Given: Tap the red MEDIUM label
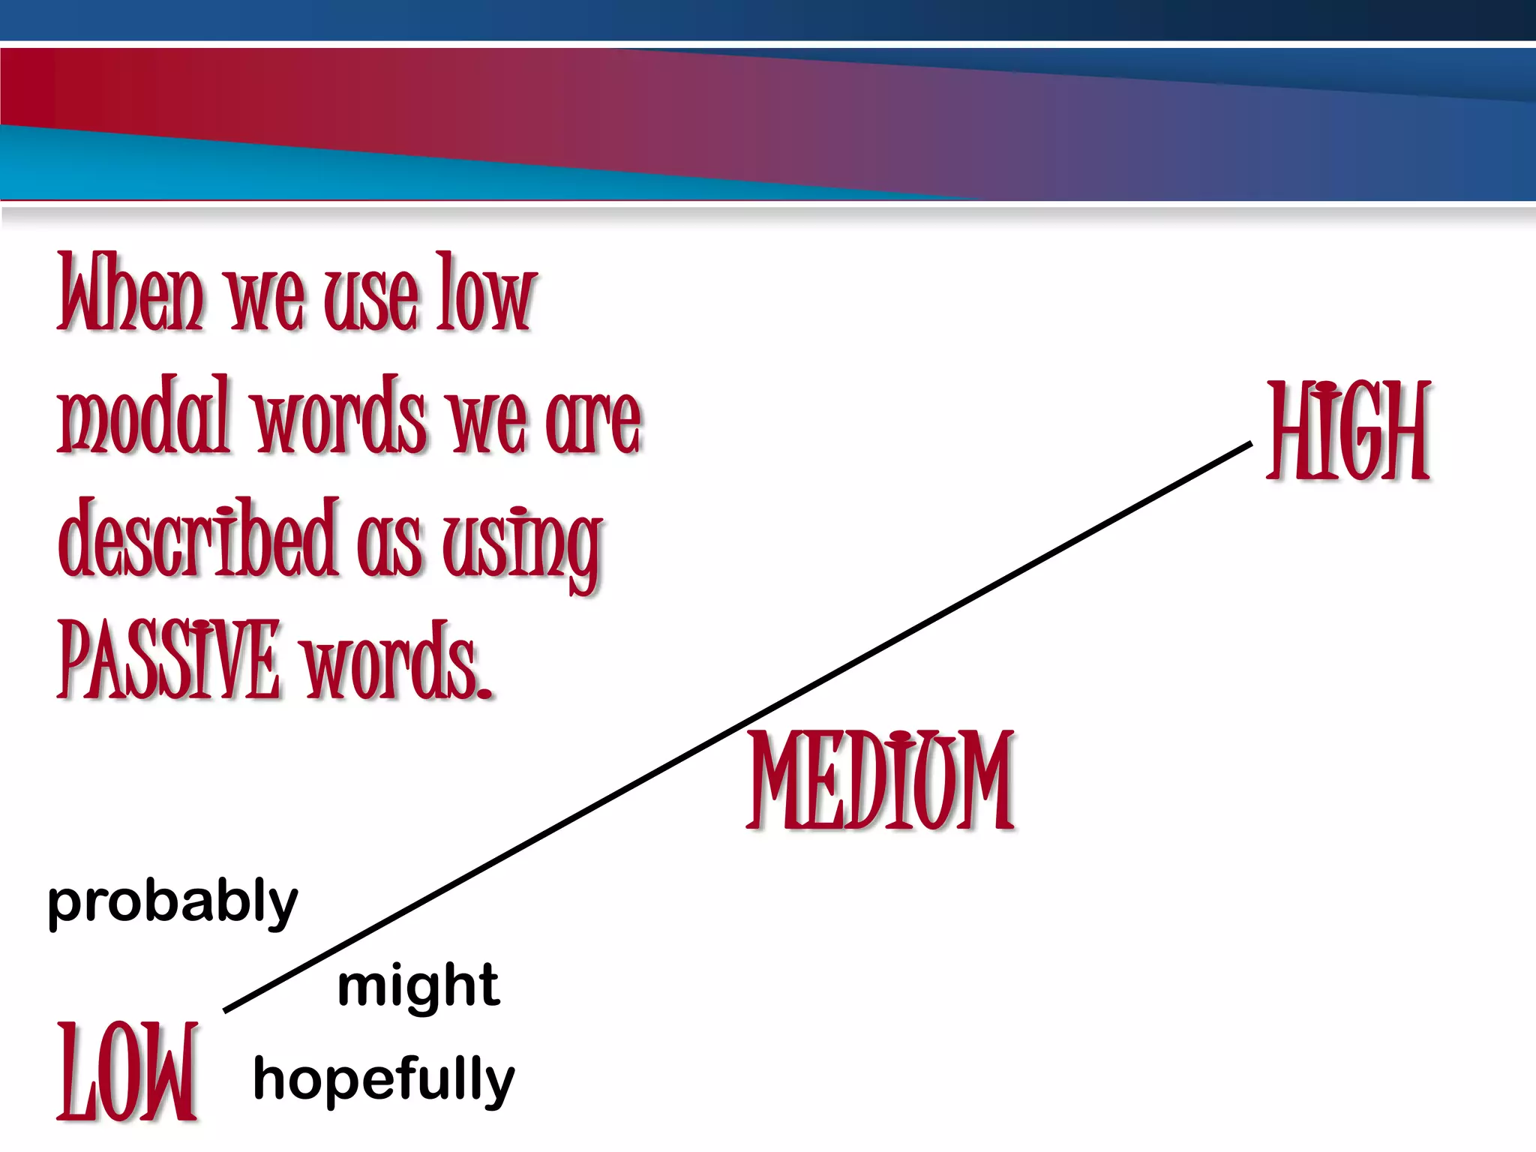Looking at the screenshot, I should coord(882,781).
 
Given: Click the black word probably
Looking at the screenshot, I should coord(172,903).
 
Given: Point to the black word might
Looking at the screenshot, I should coord(418,987).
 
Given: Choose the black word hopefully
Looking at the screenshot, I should coord(384,1080).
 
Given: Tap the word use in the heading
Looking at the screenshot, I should coord(370,298).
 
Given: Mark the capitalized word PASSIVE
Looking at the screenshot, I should coord(169,660).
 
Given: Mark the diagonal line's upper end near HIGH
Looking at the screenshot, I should coord(1250,444).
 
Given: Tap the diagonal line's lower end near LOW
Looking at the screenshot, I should coord(226,1010).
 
